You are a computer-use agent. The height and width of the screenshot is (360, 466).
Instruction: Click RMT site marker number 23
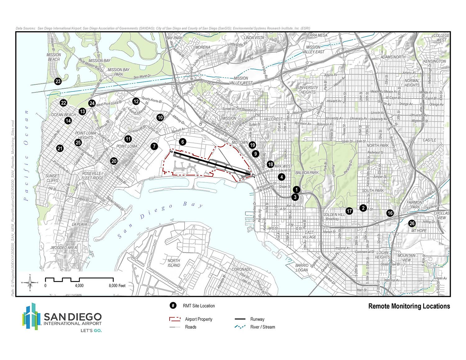point(58,82)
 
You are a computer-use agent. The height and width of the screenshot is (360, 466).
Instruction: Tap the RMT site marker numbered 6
point(183,142)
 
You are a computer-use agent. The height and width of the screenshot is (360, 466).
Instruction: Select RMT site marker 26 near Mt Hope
point(412,223)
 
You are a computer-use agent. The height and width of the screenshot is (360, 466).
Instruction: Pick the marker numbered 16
point(390,213)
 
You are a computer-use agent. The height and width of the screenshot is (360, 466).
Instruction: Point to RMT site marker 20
point(114,161)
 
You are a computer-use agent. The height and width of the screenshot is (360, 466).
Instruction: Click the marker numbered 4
point(281,177)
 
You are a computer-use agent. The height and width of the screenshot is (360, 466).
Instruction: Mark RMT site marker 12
point(136,101)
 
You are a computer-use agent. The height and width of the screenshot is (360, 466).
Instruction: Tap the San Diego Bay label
point(160,219)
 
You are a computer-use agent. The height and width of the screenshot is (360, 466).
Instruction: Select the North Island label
point(174,263)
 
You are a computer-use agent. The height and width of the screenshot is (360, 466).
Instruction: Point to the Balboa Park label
point(307,172)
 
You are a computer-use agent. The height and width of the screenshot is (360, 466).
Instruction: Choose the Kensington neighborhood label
point(434,61)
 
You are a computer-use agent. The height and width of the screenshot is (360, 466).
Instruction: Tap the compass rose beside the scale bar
point(30,283)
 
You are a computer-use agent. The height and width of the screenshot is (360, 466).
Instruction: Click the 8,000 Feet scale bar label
point(117,285)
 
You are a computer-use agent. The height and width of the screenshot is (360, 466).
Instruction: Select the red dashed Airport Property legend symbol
point(175,319)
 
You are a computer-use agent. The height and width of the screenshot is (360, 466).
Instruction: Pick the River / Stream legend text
point(263,327)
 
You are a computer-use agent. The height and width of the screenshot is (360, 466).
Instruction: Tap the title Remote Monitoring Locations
point(409,306)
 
